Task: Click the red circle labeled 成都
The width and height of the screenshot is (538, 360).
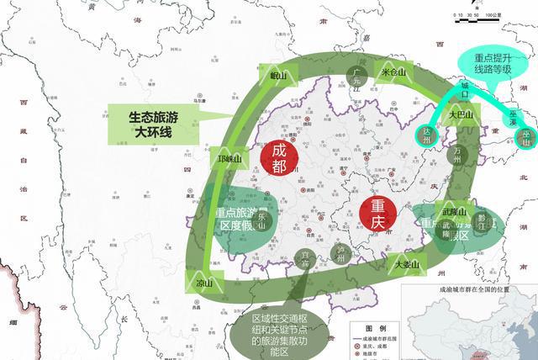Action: point(280,156)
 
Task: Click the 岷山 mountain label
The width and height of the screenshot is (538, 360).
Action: point(279,76)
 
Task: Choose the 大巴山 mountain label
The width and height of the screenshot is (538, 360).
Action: point(461,114)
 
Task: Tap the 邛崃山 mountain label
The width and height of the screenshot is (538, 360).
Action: point(229,159)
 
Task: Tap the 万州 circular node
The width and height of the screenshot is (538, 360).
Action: point(459,152)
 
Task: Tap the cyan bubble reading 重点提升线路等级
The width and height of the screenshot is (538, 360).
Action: point(496,64)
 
